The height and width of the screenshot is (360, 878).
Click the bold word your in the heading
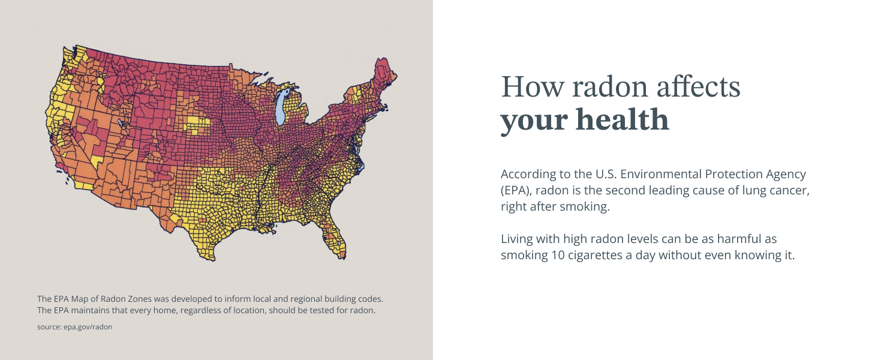534,120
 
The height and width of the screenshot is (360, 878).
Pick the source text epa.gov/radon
88,327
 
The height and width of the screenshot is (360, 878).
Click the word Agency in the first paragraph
784,175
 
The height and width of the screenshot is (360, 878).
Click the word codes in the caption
368,298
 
